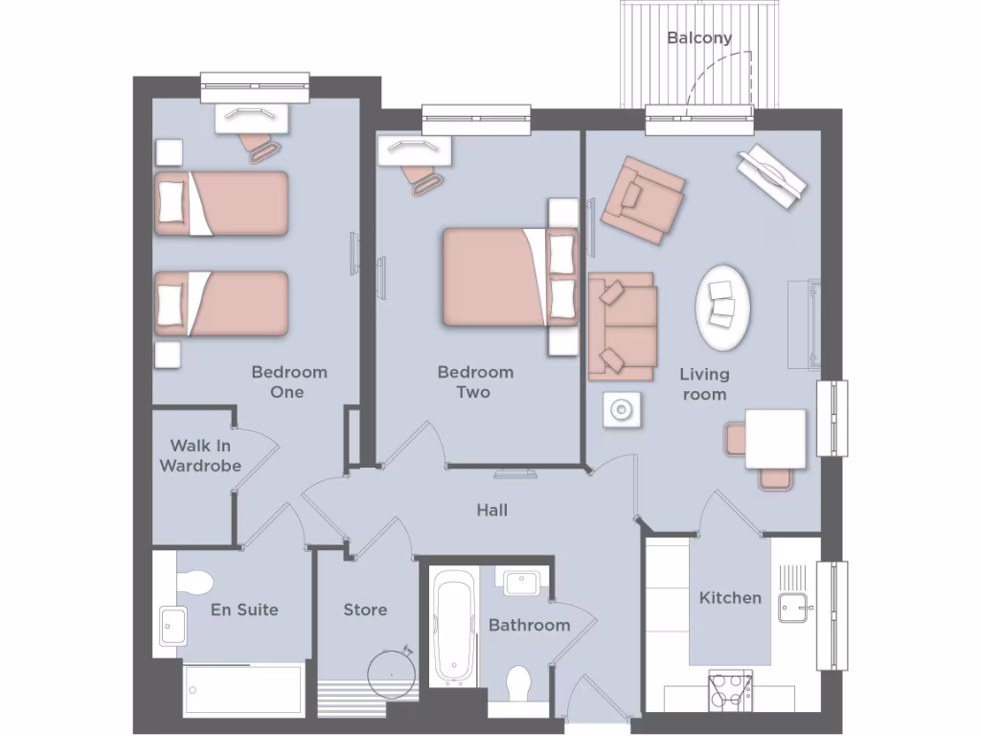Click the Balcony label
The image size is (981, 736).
coord(699,38)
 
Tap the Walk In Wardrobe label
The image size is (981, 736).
coord(200,456)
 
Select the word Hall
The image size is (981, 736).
coord(492,511)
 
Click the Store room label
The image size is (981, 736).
coord(365,609)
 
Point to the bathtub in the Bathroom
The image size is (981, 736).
coord(454,627)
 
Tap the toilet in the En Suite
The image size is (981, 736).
coord(195,582)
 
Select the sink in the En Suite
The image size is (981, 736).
coord(173,625)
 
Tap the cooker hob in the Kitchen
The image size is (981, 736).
coord(730,690)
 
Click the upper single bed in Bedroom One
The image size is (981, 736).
coord(222,203)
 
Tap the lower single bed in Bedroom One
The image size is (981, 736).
coord(222,303)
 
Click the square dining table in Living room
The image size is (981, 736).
coord(775,438)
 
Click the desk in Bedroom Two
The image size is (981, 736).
coord(415,149)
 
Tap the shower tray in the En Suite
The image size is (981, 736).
coord(243,689)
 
